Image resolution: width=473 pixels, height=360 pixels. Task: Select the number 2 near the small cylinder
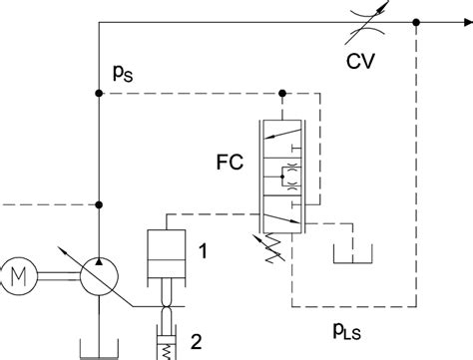click(198, 340)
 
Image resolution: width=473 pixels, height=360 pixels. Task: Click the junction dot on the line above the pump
click(98, 205)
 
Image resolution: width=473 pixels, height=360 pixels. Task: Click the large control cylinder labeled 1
click(167, 255)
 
